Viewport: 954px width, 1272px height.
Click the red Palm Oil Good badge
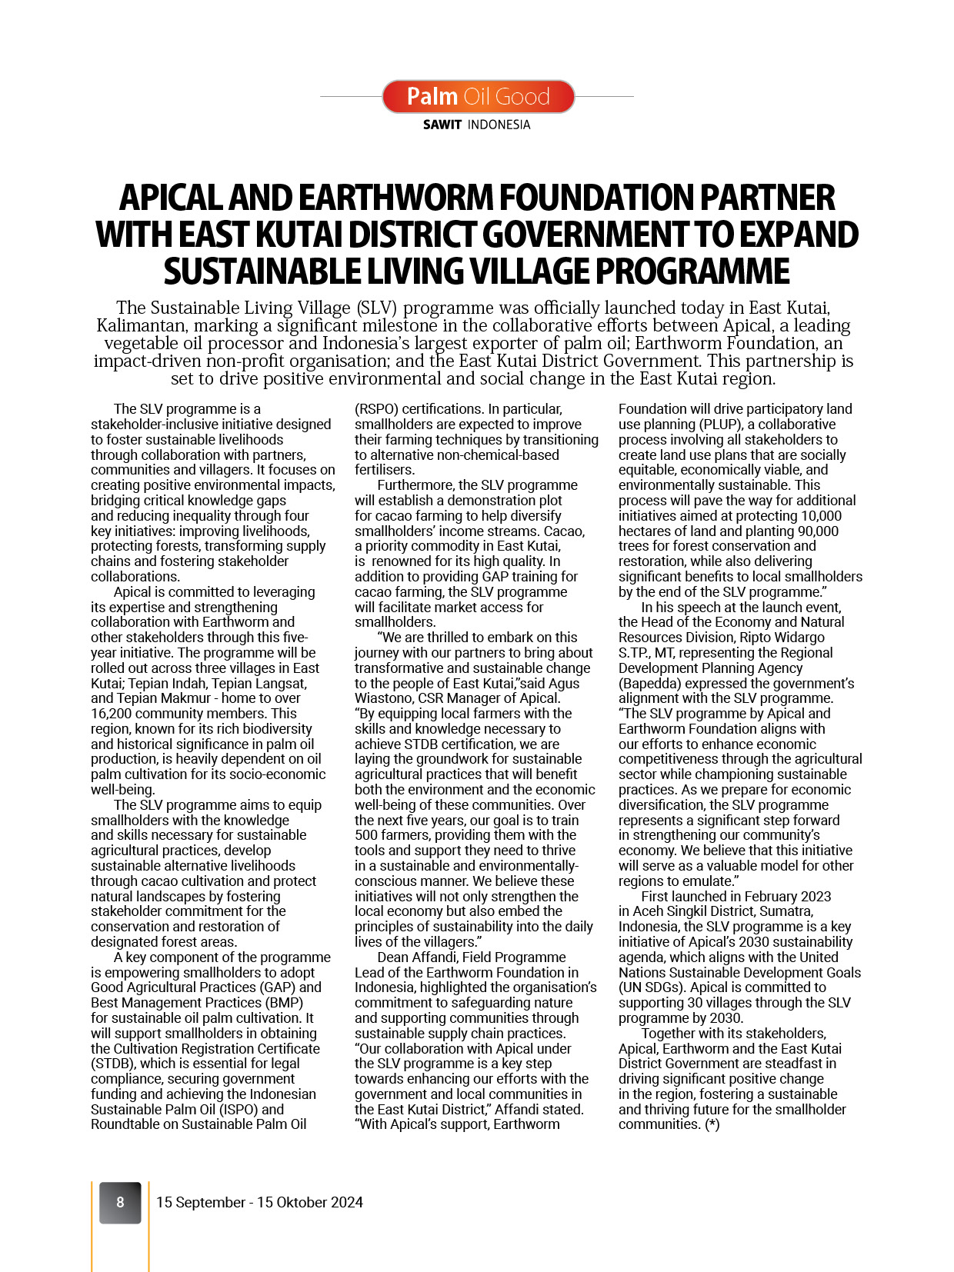(478, 96)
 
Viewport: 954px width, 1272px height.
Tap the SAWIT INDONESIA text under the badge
(476, 125)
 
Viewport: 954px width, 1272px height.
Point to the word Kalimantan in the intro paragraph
(142, 325)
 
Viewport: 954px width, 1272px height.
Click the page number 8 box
(120, 1202)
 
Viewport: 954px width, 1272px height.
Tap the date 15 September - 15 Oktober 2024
(259, 1202)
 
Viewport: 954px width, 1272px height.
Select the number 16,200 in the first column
(111, 713)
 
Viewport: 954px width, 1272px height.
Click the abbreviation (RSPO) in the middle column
(376, 409)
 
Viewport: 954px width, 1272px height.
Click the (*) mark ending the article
(712, 1124)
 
